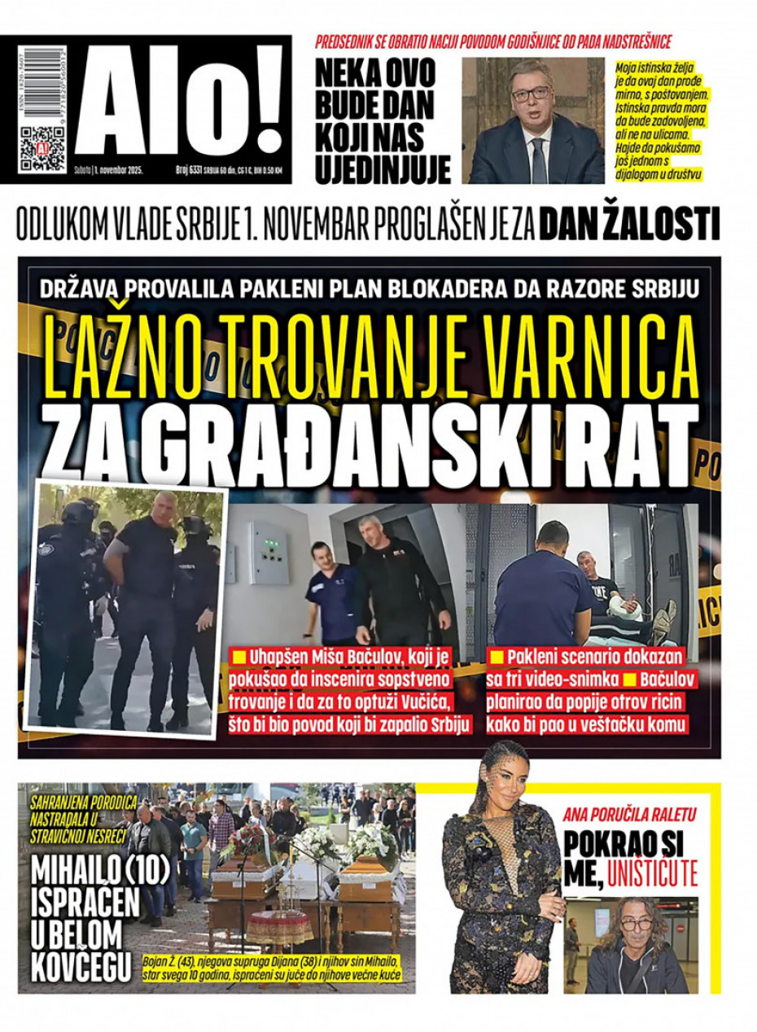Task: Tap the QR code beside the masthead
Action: (42, 148)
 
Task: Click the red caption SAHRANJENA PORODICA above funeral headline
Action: (83, 803)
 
